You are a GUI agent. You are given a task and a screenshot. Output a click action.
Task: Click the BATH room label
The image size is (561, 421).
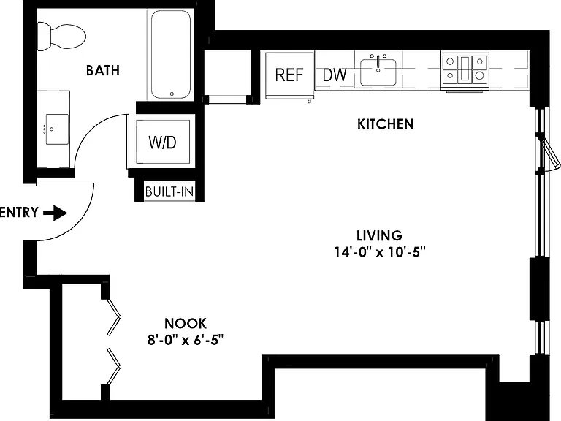[x=103, y=70]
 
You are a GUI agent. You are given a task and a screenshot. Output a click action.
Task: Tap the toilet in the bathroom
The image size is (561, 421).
[x=61, y=36]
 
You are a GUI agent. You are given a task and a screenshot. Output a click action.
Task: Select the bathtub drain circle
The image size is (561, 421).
[x=172, y=94]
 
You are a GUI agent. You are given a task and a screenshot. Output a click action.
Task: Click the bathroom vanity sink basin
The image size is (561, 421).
[x=57, y=129]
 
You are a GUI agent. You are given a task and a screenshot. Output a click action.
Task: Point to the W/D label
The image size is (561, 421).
[x=162, y=143]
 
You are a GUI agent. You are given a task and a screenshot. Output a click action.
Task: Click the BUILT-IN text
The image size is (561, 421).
[x=169, y=192]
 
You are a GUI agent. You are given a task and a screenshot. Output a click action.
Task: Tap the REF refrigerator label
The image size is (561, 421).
[x=289, y=75]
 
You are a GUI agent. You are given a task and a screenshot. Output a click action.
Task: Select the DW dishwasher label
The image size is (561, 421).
[x=335, y=75]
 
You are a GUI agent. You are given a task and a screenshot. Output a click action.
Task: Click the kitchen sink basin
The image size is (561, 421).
[x=378, y=72]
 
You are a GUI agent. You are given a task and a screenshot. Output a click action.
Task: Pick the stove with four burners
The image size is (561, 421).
[x=465, y=70]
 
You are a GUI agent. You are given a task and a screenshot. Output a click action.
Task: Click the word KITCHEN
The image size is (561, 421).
[x=386, y=124]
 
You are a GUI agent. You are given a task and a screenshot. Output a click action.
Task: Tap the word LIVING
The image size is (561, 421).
[x=380, y=235]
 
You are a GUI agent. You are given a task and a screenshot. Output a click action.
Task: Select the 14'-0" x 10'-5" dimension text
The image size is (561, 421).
[x=380, y=252]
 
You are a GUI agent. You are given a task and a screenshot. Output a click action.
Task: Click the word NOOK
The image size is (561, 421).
[x=186, y=323]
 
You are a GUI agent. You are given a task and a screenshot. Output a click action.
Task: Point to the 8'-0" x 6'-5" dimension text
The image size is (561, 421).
[x=186, y=339]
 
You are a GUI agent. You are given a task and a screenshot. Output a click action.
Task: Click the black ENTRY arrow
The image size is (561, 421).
[x=55, y=213]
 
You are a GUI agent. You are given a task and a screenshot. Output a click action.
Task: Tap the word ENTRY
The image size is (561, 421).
[x=18, y=212]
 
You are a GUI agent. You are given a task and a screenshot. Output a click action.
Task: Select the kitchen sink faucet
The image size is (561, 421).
[x=378, y=64]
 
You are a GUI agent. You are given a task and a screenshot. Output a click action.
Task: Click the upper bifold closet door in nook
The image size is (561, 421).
[x=114, y=317]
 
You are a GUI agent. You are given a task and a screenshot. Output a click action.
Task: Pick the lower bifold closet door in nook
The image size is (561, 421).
[x=114, y=366]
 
